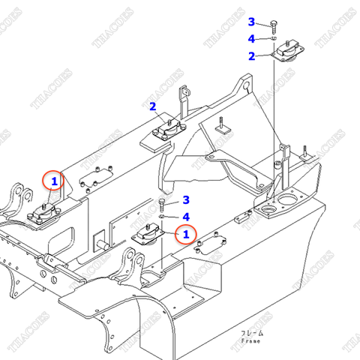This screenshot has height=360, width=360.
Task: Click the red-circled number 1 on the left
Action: point(53,181)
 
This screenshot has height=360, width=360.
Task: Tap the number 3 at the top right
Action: point(252,22)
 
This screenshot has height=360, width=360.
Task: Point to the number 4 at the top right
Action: point(252,39)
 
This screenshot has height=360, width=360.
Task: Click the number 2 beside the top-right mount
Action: point(252,56)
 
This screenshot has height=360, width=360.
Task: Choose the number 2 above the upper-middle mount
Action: point(152,106)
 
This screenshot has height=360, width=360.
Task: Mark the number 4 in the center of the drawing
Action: point(186,217)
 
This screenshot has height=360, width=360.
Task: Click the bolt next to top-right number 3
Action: point(274,24)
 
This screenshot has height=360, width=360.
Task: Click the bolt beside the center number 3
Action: point(163,203)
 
